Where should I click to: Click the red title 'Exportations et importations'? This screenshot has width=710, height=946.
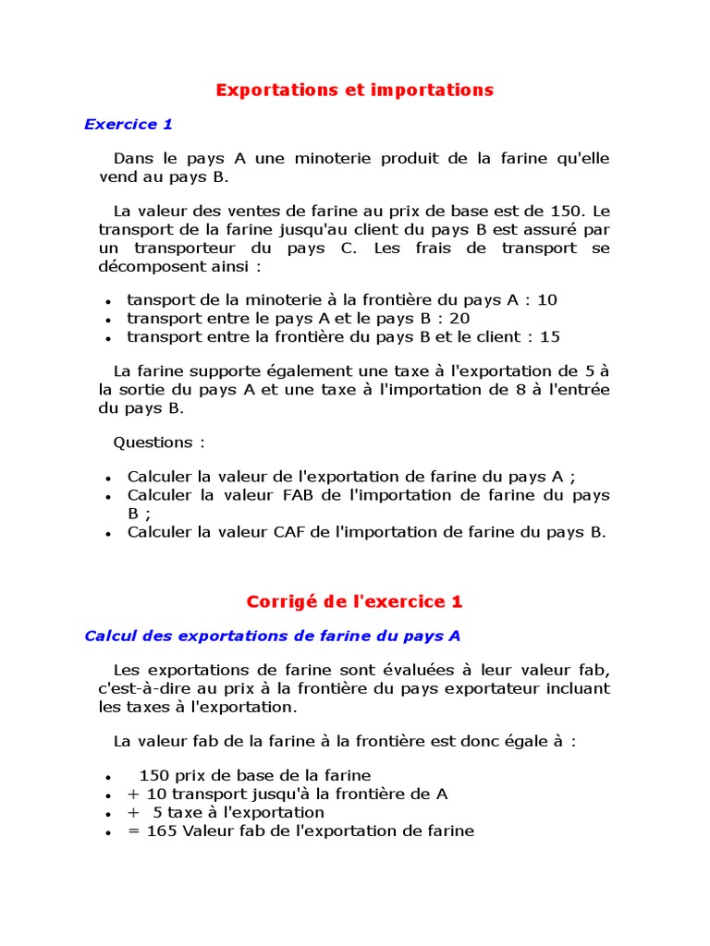click(x=355, y=90)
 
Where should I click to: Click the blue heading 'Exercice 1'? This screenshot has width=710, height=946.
click(x=129, y=124)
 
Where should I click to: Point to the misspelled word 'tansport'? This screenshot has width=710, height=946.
click(x=158, y=299)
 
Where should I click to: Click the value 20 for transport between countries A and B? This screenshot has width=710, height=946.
click(x=460, y=318)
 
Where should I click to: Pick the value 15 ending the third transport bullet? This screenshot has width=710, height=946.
click(x=549, y=336)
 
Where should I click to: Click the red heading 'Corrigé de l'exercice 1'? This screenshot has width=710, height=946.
click(x=354, y=601)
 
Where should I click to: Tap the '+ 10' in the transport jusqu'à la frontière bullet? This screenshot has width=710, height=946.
click(x=147, y=794)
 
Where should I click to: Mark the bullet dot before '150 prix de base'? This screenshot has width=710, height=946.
click(x=108, y=777)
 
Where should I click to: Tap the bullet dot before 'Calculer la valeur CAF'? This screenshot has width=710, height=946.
click(x=108, y=533)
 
